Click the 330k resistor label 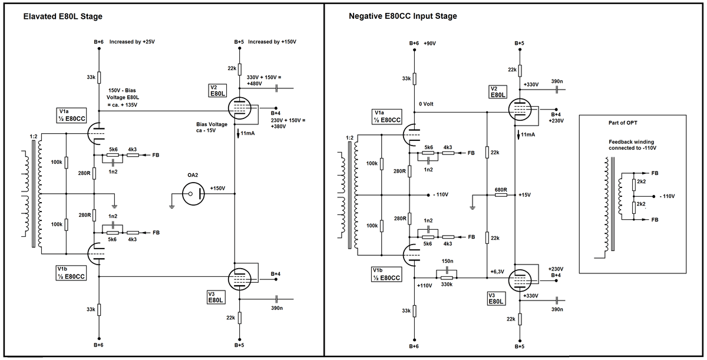coord(446,285)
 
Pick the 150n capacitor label coord(447,260)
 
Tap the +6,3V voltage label coord(497,272)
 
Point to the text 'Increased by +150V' coord(272,42)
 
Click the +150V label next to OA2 coord(217,189)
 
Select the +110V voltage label coord(424,285)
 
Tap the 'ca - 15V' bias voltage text coord(206,131)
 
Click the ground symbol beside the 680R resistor coord(472,206)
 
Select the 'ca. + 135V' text coord(123,105)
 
